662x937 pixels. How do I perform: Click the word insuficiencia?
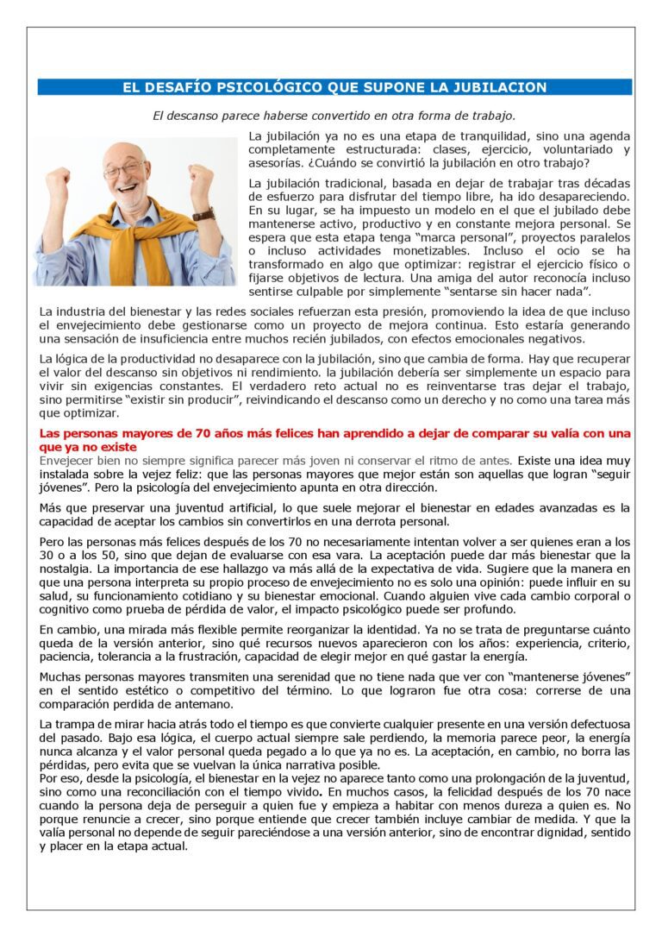coord(209,339)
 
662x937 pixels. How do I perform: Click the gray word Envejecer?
coord(71,461)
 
